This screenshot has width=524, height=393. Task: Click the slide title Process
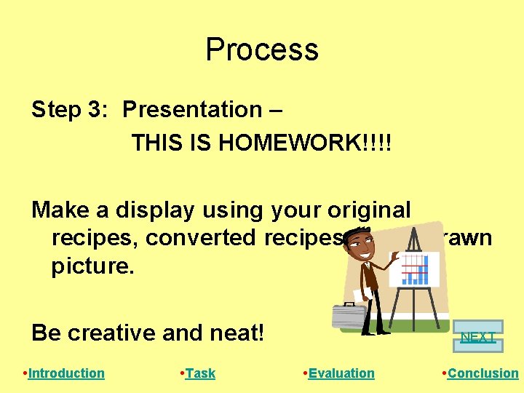[x=262, y=49]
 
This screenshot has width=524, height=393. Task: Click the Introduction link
[x=66, y=373]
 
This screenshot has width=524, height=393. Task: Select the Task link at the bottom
[x=200, y=373]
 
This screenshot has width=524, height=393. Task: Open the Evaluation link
[x=341, y=373]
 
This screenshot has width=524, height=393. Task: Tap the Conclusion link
[x=483, y=373]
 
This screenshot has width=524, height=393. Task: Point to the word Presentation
[x=192, y=110]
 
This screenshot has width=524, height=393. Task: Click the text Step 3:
[x=70, y=110]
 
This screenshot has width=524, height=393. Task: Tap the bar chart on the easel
[x=415, y=269]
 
